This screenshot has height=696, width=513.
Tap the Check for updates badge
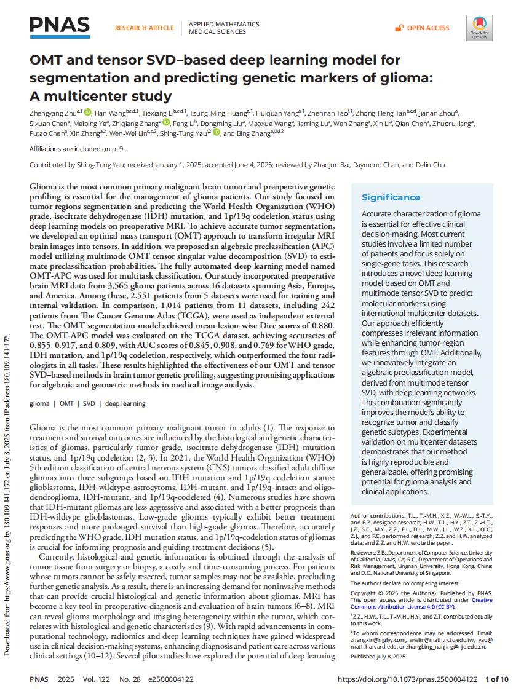point(479,28)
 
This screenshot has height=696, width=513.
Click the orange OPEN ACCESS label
point(428,28)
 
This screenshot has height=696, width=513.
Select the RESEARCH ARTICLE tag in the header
point(144,28)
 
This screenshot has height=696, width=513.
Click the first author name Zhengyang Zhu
point(54,113)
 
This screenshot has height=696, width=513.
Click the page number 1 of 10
point(497,679)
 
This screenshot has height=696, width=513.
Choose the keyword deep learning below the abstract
point(125,404)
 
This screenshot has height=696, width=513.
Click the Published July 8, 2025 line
point(378,657)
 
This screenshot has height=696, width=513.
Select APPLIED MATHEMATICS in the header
point(223,24)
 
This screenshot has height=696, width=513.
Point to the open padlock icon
point(399,28)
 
